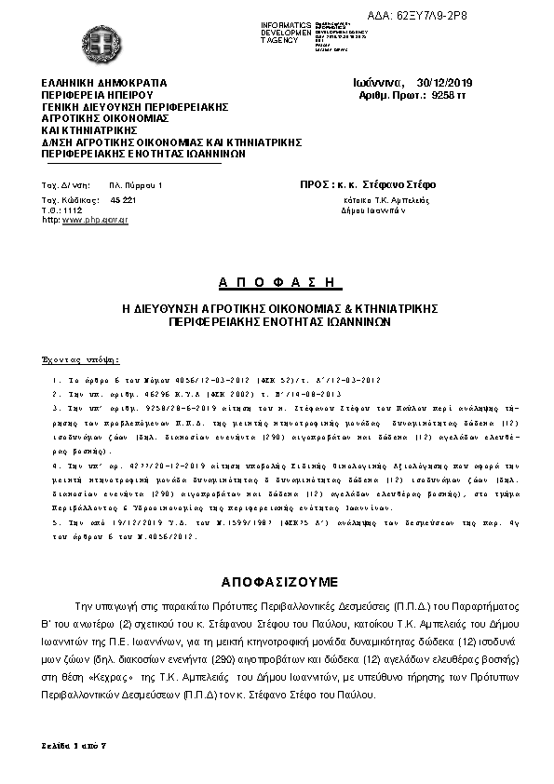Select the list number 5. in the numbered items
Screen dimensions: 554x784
pyautogui.click(x=57, y=524)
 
